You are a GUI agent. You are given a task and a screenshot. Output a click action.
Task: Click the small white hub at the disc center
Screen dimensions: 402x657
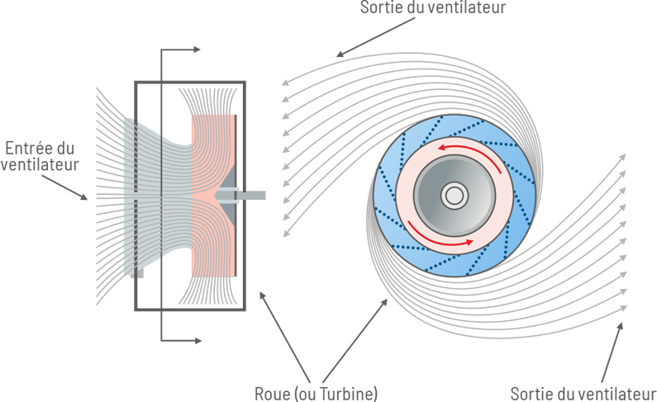453,196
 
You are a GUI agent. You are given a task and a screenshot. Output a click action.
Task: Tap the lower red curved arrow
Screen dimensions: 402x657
438,242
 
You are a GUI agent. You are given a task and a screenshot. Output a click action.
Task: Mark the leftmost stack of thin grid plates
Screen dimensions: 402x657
129,195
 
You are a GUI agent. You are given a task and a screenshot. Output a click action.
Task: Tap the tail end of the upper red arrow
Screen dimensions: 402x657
501,173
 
